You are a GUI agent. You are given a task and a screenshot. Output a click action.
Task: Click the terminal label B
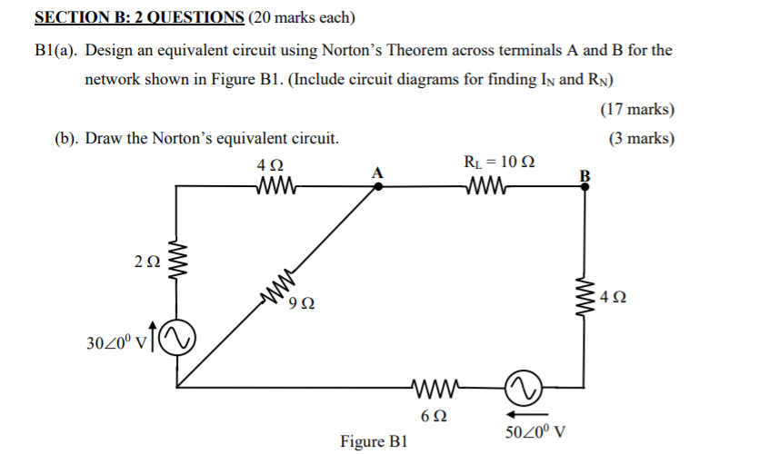[585, 174]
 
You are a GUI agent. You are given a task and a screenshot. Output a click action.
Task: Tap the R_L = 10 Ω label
[498, 163]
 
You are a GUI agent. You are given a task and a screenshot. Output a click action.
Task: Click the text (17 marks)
[637, 110]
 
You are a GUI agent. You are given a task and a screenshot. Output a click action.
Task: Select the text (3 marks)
[642, 139]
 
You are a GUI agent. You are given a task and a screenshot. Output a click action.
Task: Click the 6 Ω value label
[435, 416]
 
